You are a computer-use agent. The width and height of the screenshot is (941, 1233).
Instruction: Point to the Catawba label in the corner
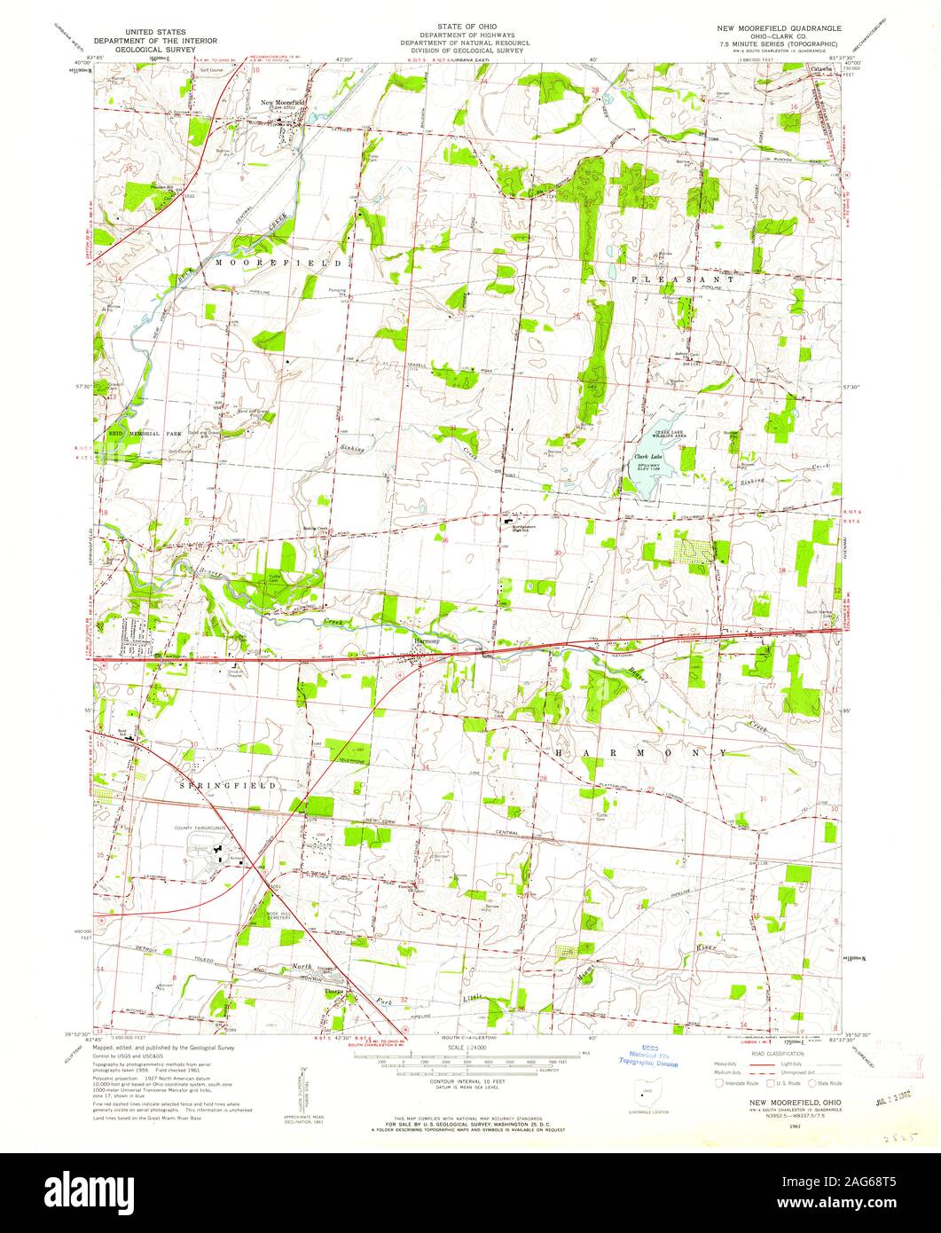point(819,68)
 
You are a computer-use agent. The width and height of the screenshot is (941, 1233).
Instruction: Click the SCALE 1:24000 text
point(470,1048)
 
